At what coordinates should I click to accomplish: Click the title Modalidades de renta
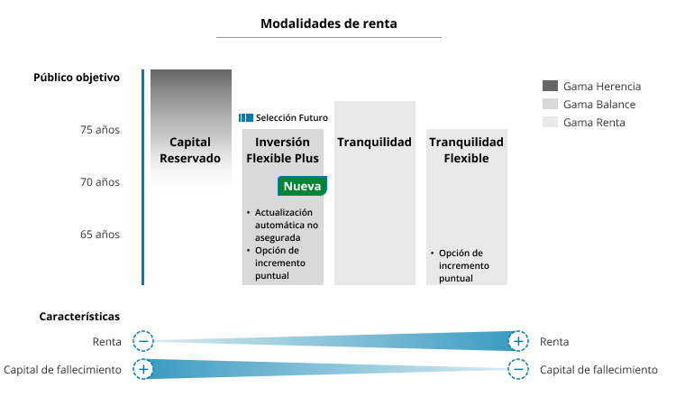pos(328,23)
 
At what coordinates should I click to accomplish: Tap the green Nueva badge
pos(302,186)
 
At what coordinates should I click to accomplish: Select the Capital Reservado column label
pos(190,150)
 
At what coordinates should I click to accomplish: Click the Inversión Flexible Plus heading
pos(282,150)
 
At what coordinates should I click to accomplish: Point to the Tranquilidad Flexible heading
pos(467,150)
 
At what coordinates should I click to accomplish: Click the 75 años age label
pos(100,130)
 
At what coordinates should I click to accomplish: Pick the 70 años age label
pos(100,182)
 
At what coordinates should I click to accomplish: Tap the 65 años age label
pos(100,235)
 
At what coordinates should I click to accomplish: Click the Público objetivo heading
pos(77,78)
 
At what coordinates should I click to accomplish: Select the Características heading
pos(79,317)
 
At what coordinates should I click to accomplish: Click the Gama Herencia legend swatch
pos(550,86)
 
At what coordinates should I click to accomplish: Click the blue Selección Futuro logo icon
pos(246,118)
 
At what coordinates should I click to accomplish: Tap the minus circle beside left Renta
pos(143,342)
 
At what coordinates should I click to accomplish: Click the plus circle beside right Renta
pos(518,342)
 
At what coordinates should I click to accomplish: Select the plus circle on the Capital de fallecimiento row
pos(143,369)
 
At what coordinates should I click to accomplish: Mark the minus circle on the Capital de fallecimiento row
pos(518,369)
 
